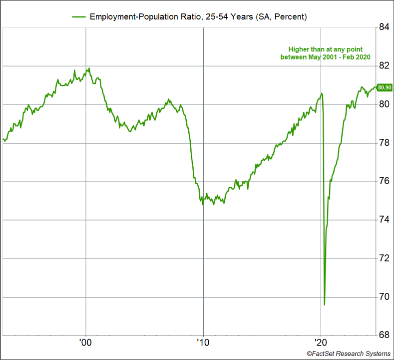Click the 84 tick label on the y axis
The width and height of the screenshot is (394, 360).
click(384, 27)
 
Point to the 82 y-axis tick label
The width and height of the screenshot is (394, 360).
click(384, 66)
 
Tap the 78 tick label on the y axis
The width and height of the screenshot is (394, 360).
click(384, 143)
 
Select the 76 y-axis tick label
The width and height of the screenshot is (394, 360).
click(384, 181)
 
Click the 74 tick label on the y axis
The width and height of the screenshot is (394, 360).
click(384, 220)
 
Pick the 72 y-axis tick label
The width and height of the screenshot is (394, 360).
click(384, 258)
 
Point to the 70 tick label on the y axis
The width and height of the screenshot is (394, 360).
click(384, 297)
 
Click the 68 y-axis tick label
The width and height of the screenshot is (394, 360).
click(384, 335)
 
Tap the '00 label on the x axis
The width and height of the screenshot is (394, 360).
click(85, 343)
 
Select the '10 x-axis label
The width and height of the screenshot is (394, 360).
click(203, 343)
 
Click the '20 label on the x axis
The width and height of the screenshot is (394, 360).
click(320, 343)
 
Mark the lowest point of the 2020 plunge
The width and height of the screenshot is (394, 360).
click(325, 304)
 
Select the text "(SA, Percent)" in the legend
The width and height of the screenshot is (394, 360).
click(282, 16)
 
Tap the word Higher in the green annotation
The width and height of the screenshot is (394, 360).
click(299, 49)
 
